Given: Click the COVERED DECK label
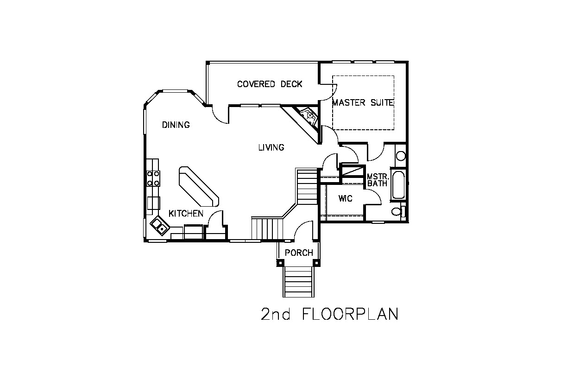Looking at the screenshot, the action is point(270,84).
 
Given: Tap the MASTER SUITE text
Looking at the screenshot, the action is point(363,102).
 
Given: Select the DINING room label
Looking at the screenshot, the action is point(176,125).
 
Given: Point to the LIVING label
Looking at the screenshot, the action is point(271,147).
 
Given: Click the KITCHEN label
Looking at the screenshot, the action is point(186,214).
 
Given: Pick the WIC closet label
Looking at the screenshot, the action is point(345,199).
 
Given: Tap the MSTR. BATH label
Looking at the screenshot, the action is point(378,180).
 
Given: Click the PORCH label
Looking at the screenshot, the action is point(299,253).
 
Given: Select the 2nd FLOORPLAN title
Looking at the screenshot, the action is point(329,314).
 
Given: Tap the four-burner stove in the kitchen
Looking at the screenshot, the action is point(153,178).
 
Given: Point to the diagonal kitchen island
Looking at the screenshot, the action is point(199,186).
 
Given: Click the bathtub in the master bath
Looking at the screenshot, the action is point(398,184).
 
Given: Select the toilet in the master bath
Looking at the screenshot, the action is point(398,211).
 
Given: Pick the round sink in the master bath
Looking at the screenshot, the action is point(401,156).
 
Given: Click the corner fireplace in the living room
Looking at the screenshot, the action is point(309,116).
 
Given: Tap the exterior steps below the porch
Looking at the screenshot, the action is point(299,282).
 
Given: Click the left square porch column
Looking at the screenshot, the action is point(280,263).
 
